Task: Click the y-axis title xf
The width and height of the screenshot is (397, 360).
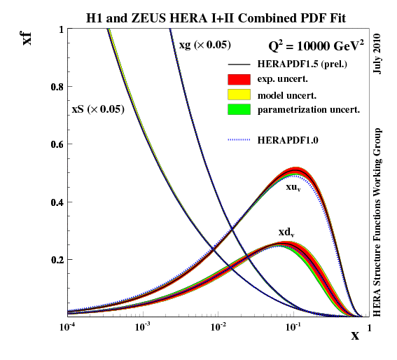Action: coord(28,36)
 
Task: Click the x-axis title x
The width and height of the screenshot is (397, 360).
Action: coord(355,335)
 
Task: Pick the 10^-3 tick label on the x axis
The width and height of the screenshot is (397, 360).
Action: coord(143,327)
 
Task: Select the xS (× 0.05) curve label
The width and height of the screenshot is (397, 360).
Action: coord(98,109)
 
